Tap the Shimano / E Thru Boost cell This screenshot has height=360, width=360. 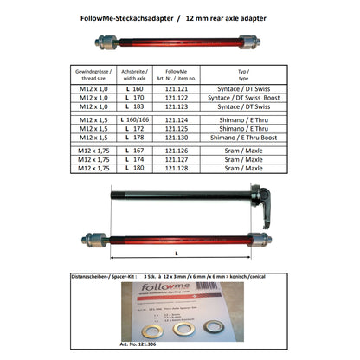click(x=243, y=137)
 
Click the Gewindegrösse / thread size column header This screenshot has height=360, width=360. click(x=93, y=73)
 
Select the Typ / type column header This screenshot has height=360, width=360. click(x=243, y=73)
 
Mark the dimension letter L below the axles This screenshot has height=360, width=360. click(x=176, y=255)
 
